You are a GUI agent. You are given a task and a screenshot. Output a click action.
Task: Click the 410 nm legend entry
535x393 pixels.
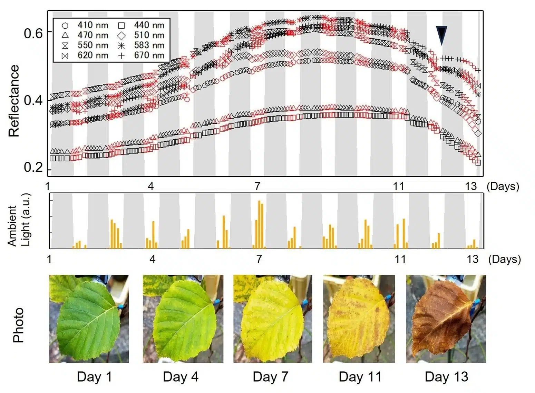(85, 25)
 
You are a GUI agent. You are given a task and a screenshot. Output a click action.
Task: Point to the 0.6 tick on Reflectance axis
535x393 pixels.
(33, 33)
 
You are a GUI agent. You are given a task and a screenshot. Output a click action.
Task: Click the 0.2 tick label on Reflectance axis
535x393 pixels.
(33, 167)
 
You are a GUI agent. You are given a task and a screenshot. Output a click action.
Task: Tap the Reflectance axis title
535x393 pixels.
(14, 101)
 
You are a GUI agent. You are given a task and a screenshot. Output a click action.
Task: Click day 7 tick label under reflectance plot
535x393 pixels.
(257, 187)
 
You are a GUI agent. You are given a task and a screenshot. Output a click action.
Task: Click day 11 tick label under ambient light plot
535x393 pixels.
(400, 259)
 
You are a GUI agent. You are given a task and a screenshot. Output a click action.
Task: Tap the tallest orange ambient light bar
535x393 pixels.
(259, 224)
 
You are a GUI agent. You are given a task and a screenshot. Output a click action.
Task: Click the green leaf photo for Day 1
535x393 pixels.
(89, 319)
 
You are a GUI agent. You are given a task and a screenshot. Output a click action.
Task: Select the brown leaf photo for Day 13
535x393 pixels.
(446, 319)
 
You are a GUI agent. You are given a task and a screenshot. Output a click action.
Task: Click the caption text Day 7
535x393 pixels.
(270, 376)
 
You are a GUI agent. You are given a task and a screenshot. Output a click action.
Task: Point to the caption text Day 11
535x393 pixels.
(360, 376)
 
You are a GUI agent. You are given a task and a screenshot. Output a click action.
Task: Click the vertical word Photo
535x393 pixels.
(18, 325)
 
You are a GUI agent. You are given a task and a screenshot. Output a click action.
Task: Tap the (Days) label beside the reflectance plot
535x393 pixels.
(503, 187)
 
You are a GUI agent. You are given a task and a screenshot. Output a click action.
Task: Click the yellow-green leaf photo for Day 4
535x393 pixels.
(183, 319)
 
